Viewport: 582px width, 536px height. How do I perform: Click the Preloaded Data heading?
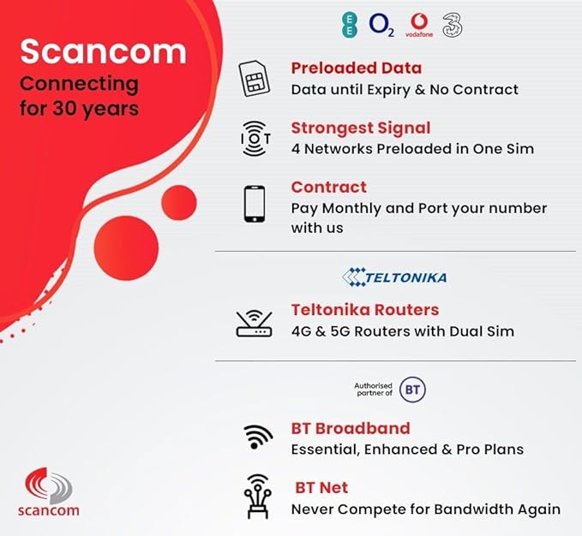356,68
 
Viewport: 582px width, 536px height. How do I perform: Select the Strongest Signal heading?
361,128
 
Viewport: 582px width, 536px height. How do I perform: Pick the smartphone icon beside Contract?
254,204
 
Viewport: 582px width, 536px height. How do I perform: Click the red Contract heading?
328,187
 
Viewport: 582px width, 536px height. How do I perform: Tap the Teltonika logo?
394,277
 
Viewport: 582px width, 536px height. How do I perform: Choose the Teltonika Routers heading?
365,309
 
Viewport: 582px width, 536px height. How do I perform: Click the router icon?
254,322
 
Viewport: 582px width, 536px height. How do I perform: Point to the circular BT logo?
412,390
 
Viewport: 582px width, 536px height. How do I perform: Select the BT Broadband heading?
351,427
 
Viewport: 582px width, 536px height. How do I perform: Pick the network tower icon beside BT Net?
255,497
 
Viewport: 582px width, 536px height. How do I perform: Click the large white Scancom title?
103,51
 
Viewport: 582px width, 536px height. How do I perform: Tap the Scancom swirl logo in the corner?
50,485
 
